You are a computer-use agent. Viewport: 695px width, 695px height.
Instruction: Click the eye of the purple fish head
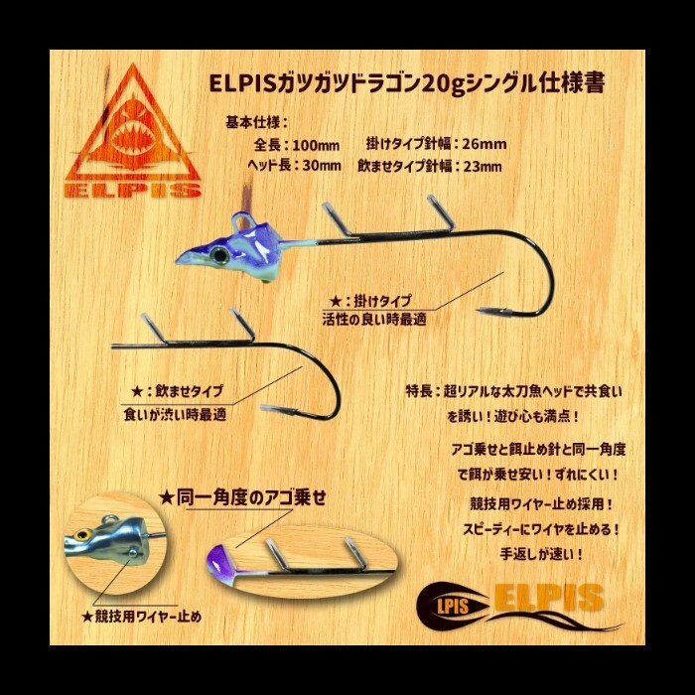(219, 255)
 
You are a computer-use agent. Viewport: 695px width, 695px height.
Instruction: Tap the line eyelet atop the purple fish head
(241, 219)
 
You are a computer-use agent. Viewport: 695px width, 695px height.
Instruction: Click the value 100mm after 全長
(316, 145)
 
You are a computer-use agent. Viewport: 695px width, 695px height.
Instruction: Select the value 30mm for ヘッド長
(322, 166)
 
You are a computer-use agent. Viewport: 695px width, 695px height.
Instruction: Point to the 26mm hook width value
(485, 144)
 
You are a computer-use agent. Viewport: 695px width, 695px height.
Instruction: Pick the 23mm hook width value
(483, 167)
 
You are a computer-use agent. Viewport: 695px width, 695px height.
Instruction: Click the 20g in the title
(443, 83)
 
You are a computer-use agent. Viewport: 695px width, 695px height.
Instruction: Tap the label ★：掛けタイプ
(371, 302)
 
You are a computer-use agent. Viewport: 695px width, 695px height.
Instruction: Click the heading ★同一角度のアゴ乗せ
(242, 497)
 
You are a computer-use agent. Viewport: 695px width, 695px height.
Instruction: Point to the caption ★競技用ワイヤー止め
(142, 617)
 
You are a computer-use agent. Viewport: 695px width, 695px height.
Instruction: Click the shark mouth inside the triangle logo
(132, 139)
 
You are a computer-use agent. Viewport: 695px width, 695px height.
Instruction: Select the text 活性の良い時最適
(374, 319)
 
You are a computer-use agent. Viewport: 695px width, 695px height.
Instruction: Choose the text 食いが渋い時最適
(175, 415)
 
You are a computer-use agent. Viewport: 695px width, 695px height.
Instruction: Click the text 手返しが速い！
(541, 554)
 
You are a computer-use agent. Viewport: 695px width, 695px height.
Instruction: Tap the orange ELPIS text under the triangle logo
(132, 190)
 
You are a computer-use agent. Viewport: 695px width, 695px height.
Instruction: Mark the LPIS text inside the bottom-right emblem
(453, 606)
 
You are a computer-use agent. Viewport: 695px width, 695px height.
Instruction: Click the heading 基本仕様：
(257, 123)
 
